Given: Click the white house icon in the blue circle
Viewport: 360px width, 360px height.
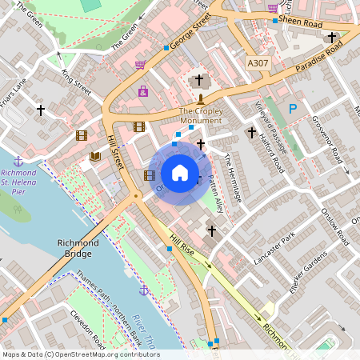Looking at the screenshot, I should (180, 173).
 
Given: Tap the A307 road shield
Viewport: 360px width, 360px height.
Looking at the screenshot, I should (258, 62).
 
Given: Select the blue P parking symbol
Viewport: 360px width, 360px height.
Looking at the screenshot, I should (293, 108).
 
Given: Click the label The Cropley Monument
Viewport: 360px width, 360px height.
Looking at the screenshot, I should (200, 116).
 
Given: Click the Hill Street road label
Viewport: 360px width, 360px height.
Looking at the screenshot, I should (117, 151).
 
